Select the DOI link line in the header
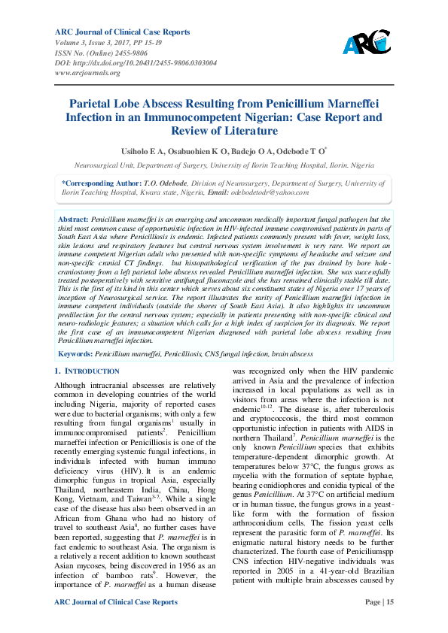(x=136, y=63)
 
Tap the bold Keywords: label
(x=76, y=353)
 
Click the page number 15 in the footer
(x=389, y=601)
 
